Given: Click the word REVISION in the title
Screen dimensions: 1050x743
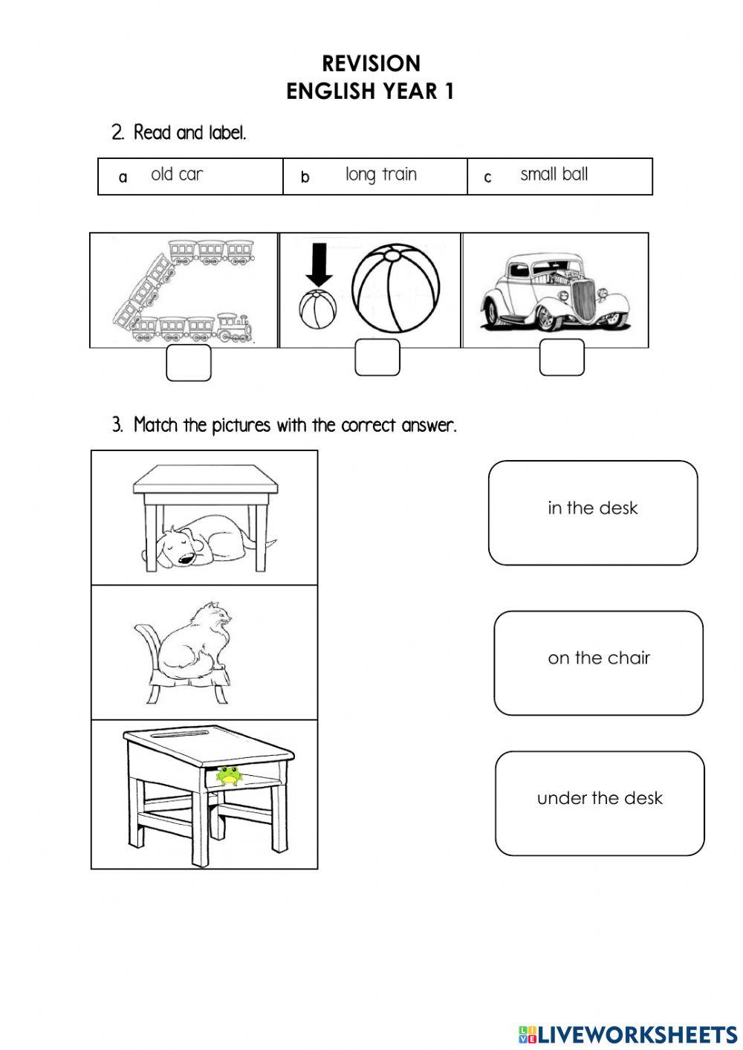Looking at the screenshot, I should click(x=371, y=63).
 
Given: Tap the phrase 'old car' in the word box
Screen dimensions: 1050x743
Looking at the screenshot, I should click(x=177, y=175).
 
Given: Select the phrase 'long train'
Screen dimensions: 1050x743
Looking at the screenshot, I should click(x=380, y=175).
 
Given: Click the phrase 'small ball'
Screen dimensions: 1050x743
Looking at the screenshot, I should click(x=554, y=175).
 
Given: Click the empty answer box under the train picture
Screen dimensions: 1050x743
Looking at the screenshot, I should click(x=188, y=362).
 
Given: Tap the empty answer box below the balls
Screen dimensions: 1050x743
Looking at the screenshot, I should click(x=377, y=357).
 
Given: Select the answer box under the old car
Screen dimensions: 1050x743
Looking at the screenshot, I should click(x=561, y=357).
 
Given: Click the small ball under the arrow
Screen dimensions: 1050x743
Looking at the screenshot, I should click(x=318, y=310).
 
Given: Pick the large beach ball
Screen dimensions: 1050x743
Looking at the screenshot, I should click(x=395, y=289).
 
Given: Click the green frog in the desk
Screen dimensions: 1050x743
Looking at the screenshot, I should click(x=228, y=776).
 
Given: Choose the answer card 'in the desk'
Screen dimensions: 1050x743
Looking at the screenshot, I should click(x=592, y=512).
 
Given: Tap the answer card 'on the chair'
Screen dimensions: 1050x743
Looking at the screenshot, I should click(x=598, y=662).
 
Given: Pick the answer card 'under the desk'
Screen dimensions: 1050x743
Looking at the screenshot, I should click(x=599, y=803).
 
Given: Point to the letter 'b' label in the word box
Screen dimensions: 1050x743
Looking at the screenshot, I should click(x=305, y=178).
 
